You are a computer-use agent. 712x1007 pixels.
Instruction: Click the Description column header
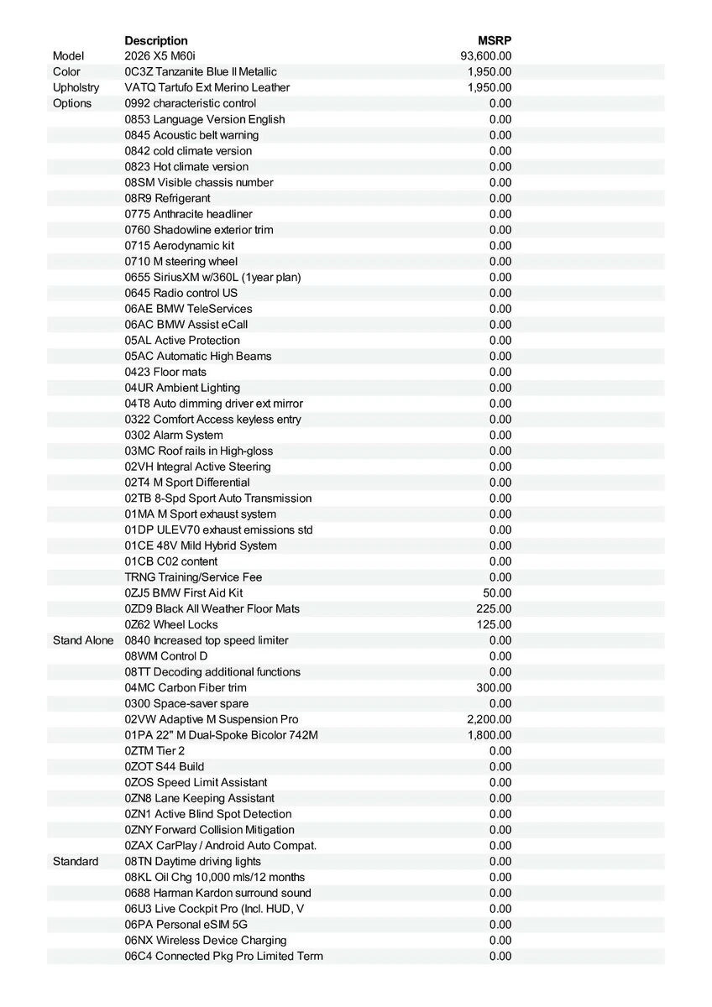pos(156,40)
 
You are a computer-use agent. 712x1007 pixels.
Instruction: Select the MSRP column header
pos(495,40)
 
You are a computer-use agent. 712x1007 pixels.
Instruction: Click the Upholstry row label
pos(76,87)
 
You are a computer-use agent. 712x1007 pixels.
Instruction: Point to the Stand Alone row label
pos(83,640)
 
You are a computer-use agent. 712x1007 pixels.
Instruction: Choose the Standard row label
pos(76,861)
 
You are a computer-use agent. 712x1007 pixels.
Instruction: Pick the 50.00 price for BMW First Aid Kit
pos(497,592)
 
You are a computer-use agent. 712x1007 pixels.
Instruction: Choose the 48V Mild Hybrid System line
pos(201,545)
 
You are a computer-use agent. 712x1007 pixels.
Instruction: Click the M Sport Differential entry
pos(187,483)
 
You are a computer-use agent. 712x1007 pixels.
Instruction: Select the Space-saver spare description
pos(186,703)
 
